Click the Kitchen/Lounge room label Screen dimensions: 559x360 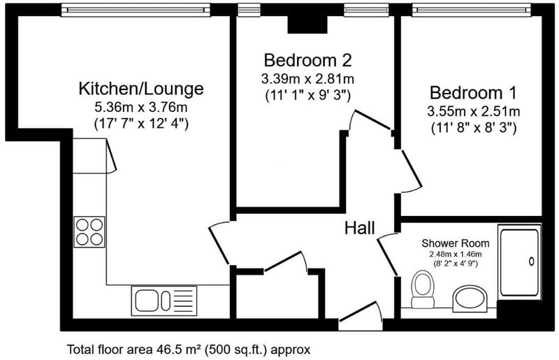click(141, 89)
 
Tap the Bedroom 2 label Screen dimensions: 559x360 click(307, 60)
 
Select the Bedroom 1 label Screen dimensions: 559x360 click(473, 93)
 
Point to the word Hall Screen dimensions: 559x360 click(360, 228)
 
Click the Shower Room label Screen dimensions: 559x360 click(456, 243)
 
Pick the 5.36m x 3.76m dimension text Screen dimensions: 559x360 click(141, 107)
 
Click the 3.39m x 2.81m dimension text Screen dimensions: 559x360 click(307, 79)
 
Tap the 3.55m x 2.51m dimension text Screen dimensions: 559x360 click(474, 111)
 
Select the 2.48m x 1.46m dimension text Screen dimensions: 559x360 click(456, 254)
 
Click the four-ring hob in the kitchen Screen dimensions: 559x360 click(89, 232)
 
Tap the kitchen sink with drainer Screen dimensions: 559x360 click(164, 301)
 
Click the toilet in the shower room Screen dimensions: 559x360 click(423, 289)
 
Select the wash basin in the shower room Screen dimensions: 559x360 click(470, 298)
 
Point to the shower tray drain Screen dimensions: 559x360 click(532, 261)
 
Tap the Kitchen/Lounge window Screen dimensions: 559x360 click(136, 10)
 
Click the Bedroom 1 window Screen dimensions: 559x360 click(472, 10)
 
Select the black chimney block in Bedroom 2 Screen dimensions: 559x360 click(307, 24)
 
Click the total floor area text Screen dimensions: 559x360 click(189, 350)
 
